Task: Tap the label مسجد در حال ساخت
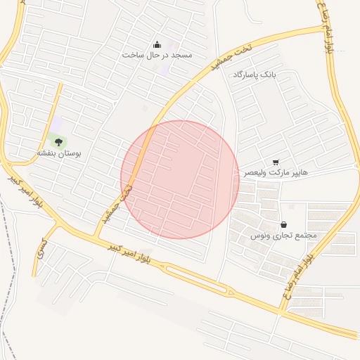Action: (x=157, y=55)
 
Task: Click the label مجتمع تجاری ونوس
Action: (x=284, y=236)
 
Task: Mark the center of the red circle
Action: (x=180, y=179)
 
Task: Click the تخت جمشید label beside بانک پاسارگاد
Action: (x=224, y=59)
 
